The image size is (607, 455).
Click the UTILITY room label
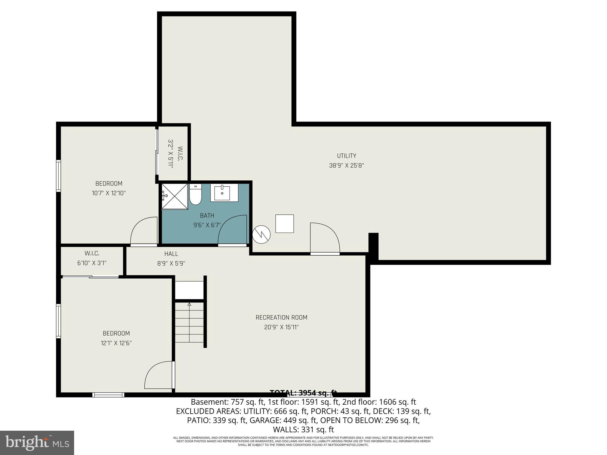point(346,156)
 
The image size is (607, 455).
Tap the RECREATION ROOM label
point(281,318)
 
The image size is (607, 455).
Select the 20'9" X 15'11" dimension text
point(281,327)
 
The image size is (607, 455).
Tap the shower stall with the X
point(175,196)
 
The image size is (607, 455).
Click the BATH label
point(207,216)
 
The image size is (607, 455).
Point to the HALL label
point(171,254)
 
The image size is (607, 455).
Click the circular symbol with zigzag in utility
point(261,235)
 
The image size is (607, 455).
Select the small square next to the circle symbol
point(285,224)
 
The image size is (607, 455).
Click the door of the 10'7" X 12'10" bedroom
point(144,231)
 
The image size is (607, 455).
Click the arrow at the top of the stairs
point(189,304)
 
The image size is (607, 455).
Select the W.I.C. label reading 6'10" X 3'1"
point(92,258)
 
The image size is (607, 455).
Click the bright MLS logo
point(37,443)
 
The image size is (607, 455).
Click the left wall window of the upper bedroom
point(59,176)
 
